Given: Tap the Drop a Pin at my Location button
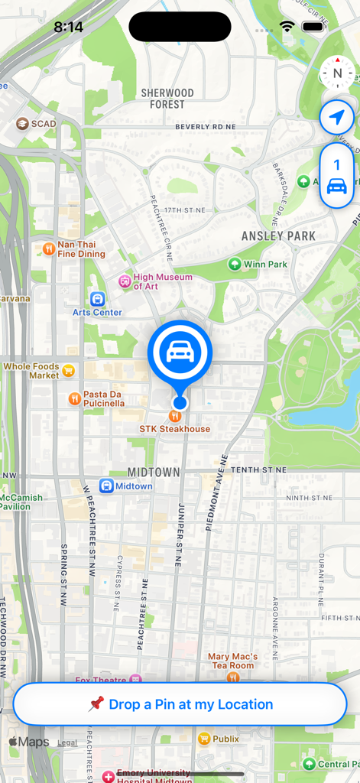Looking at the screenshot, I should click(x=180, y=704).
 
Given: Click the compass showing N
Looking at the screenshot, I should click(x=337, y=74).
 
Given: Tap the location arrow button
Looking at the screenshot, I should click(x=337, y=118).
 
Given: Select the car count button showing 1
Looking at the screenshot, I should click(x=337, y=175).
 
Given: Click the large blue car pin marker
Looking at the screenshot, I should click(x=180, y=352).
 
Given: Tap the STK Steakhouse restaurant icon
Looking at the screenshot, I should click(x=176, y=416).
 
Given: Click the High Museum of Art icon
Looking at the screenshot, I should click(x=125, y=281).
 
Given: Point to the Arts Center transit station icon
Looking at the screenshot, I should click(x=97, y=298).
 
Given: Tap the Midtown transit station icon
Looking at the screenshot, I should click(x=106, y=486).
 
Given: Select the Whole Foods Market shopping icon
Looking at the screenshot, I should click(x=69, y=371).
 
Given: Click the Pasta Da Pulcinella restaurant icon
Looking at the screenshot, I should click(x=74, y=398).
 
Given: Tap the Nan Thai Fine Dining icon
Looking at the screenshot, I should click(x=48, y=249).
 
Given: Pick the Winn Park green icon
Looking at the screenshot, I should click(x=234, y=265).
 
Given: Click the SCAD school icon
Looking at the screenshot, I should click(x=23, y=123).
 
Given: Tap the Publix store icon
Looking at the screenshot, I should click(x=204, y=739).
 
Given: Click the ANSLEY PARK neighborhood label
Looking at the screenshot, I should click(x=278, y=236).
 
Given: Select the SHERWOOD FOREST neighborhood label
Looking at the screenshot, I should click(x=167, y=98).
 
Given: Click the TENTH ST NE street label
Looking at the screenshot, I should click(x=258, y=469).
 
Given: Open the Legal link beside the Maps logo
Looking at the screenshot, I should click(x=67, y=742).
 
